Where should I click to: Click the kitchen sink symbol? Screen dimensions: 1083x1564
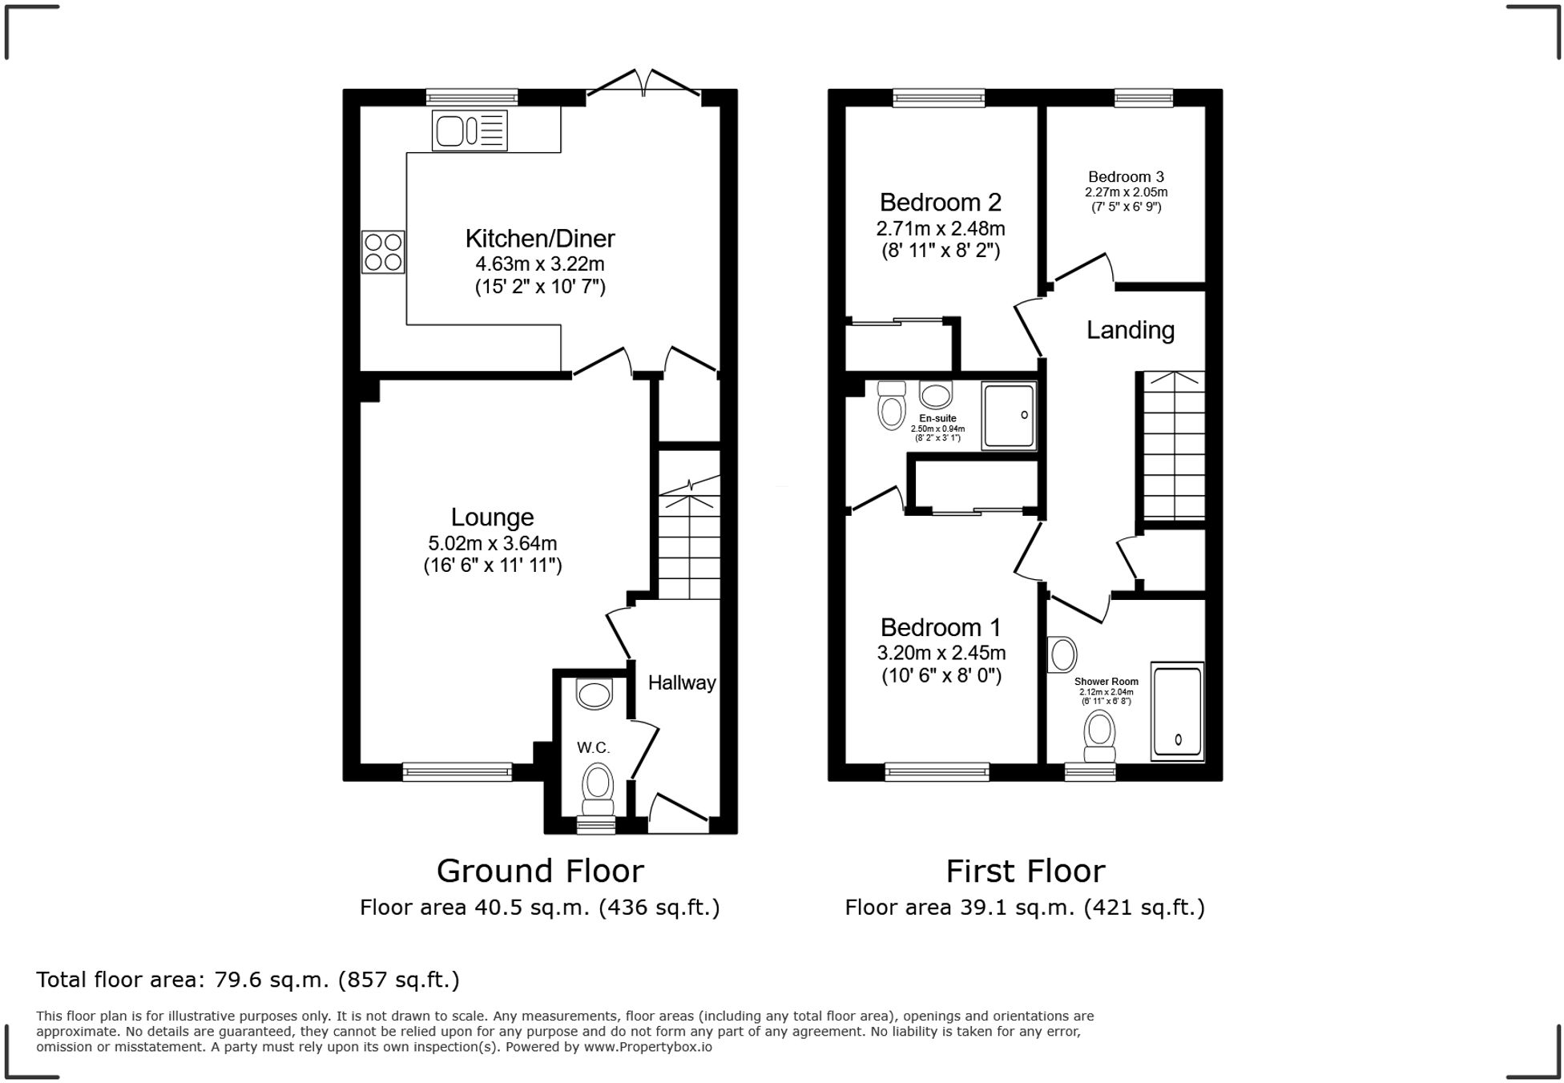tap(470, 131)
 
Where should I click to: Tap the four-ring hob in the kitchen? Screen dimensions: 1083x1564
tap(383, 252)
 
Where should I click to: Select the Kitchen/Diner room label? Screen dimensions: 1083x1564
tap(540, 238)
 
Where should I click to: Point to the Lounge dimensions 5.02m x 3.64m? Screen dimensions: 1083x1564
tap(492, 543)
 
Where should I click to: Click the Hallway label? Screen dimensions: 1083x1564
tap(681, 683)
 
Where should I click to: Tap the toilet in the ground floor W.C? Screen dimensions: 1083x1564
tap(598, 789)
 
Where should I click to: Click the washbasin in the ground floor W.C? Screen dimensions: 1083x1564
tap(595, 694)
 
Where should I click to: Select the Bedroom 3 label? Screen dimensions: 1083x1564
tap(1126, 177)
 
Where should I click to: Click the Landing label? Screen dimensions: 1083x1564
tap(1130, 330)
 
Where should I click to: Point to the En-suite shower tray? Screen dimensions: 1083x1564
tap(1009, 415)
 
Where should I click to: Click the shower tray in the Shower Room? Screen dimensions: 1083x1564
tap(1177, 711)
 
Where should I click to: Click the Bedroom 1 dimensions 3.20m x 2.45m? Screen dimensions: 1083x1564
tap(941, 653)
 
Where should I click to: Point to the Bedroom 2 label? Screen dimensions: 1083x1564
tap(940, 202)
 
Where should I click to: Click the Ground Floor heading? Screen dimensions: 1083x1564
tap(540, 871)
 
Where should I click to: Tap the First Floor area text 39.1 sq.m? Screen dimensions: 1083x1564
tap(1025, 908)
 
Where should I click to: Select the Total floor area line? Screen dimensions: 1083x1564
tap(248, 980)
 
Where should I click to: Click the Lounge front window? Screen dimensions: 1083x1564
tap(457, 771)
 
